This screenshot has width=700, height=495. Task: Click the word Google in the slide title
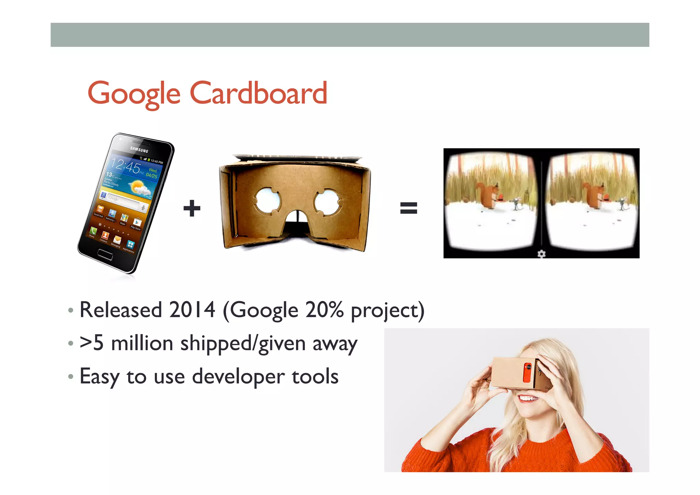click(x=134, y=93)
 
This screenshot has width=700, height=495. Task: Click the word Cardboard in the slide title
click(x=258, y=93)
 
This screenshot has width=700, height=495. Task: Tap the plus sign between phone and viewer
click(x=192, y=208)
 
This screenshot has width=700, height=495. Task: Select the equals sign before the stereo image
click(x=408, y=208)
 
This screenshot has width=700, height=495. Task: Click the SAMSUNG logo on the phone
click(x=139, y=149)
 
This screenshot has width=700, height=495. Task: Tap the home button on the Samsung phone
click(x=105, y=255)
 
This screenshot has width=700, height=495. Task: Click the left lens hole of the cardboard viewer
click(x=267, y=200)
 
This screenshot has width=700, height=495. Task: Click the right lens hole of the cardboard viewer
click(x=327, y=201)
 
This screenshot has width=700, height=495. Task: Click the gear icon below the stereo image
click(x=541, y=254)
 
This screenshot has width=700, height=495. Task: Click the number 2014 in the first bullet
click(x=192, y=310)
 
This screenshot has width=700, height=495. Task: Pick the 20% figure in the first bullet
click(x=324, y=310)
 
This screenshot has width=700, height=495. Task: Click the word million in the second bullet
click(x=142, y=343)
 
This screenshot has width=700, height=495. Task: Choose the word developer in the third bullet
click(x=238, y=377)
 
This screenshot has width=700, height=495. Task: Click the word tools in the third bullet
click(x=315, y=377)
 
